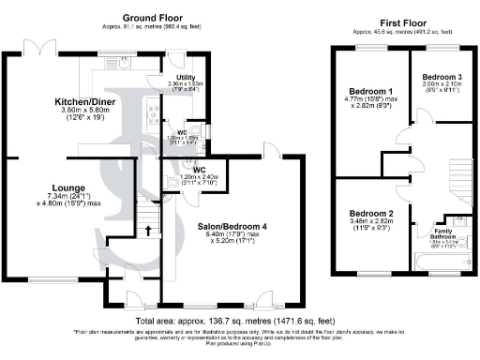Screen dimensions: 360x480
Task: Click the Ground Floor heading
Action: coord(152,17)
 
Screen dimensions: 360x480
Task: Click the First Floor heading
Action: coord(404,22)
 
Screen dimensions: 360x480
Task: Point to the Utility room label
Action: coord(184,75)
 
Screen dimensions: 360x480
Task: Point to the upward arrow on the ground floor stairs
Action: coord(146,229)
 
